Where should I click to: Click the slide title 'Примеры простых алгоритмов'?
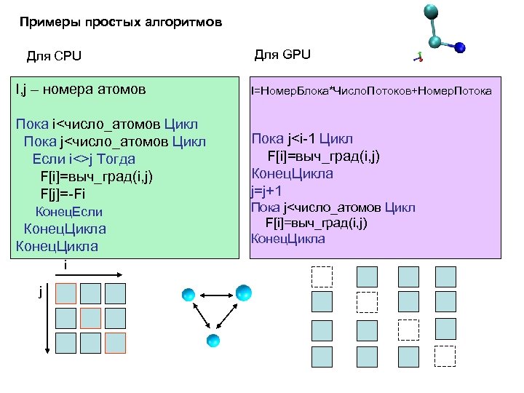[x=120, y=23]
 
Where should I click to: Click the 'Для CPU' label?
[x=54, y=57]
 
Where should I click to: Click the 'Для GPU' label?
[x=282, y=54]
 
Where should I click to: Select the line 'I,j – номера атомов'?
[x=81, y=90]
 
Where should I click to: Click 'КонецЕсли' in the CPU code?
[x=69, y=212]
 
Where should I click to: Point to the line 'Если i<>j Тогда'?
[x=84, y=159]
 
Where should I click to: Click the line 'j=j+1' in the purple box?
[x=266, y=191]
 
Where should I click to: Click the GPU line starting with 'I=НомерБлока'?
[x=371, y=91]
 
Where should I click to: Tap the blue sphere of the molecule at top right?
[x=460, y=48]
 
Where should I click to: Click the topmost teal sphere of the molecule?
[x=430, y=10]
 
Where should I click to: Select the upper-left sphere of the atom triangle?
[x=188, y=295]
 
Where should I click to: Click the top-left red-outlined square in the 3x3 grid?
[x=66, y=293]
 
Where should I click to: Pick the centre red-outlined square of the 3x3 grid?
[x=91, y=318]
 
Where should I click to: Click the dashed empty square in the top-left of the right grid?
[x=321, y=277]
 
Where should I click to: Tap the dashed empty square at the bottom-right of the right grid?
[x=444, y=356]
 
